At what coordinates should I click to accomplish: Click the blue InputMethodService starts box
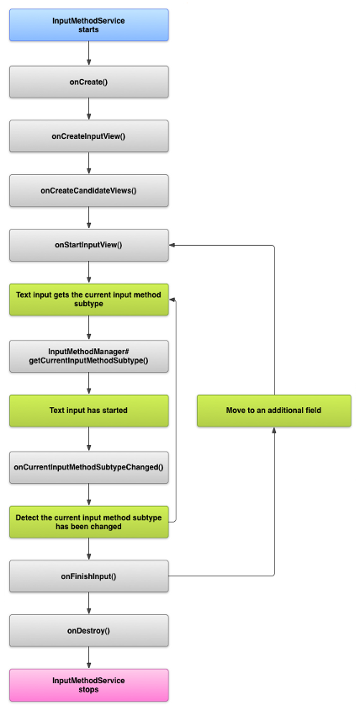coord(88,24)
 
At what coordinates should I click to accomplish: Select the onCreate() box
coord(88,81)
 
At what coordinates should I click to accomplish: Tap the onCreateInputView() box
coord(88,135)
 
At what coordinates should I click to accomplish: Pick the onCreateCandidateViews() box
coord(88,190)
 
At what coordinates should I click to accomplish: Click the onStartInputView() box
coord(88,245)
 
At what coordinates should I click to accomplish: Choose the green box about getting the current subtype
coord(88,300)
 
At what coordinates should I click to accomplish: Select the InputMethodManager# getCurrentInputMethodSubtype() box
coord(88,355)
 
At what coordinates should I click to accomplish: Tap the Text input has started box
coord(88,410)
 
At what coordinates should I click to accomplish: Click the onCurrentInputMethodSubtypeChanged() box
coord(88,465)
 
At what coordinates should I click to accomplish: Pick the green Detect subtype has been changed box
coord(88,521)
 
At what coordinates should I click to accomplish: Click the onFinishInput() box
coord(88,576)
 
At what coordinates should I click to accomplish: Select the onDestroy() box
coord(88,630)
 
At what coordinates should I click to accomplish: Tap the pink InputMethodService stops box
coord(88,685)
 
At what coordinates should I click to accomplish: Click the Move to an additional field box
coord(274,410)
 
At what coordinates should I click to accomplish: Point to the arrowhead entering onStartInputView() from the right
coord(173,245)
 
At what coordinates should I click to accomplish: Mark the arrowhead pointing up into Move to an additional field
coord(274,430)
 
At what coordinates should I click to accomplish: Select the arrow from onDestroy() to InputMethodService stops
coord(88,657)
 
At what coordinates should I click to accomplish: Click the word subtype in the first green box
coord(88,305)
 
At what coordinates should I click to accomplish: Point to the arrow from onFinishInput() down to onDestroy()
coord(88,602)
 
